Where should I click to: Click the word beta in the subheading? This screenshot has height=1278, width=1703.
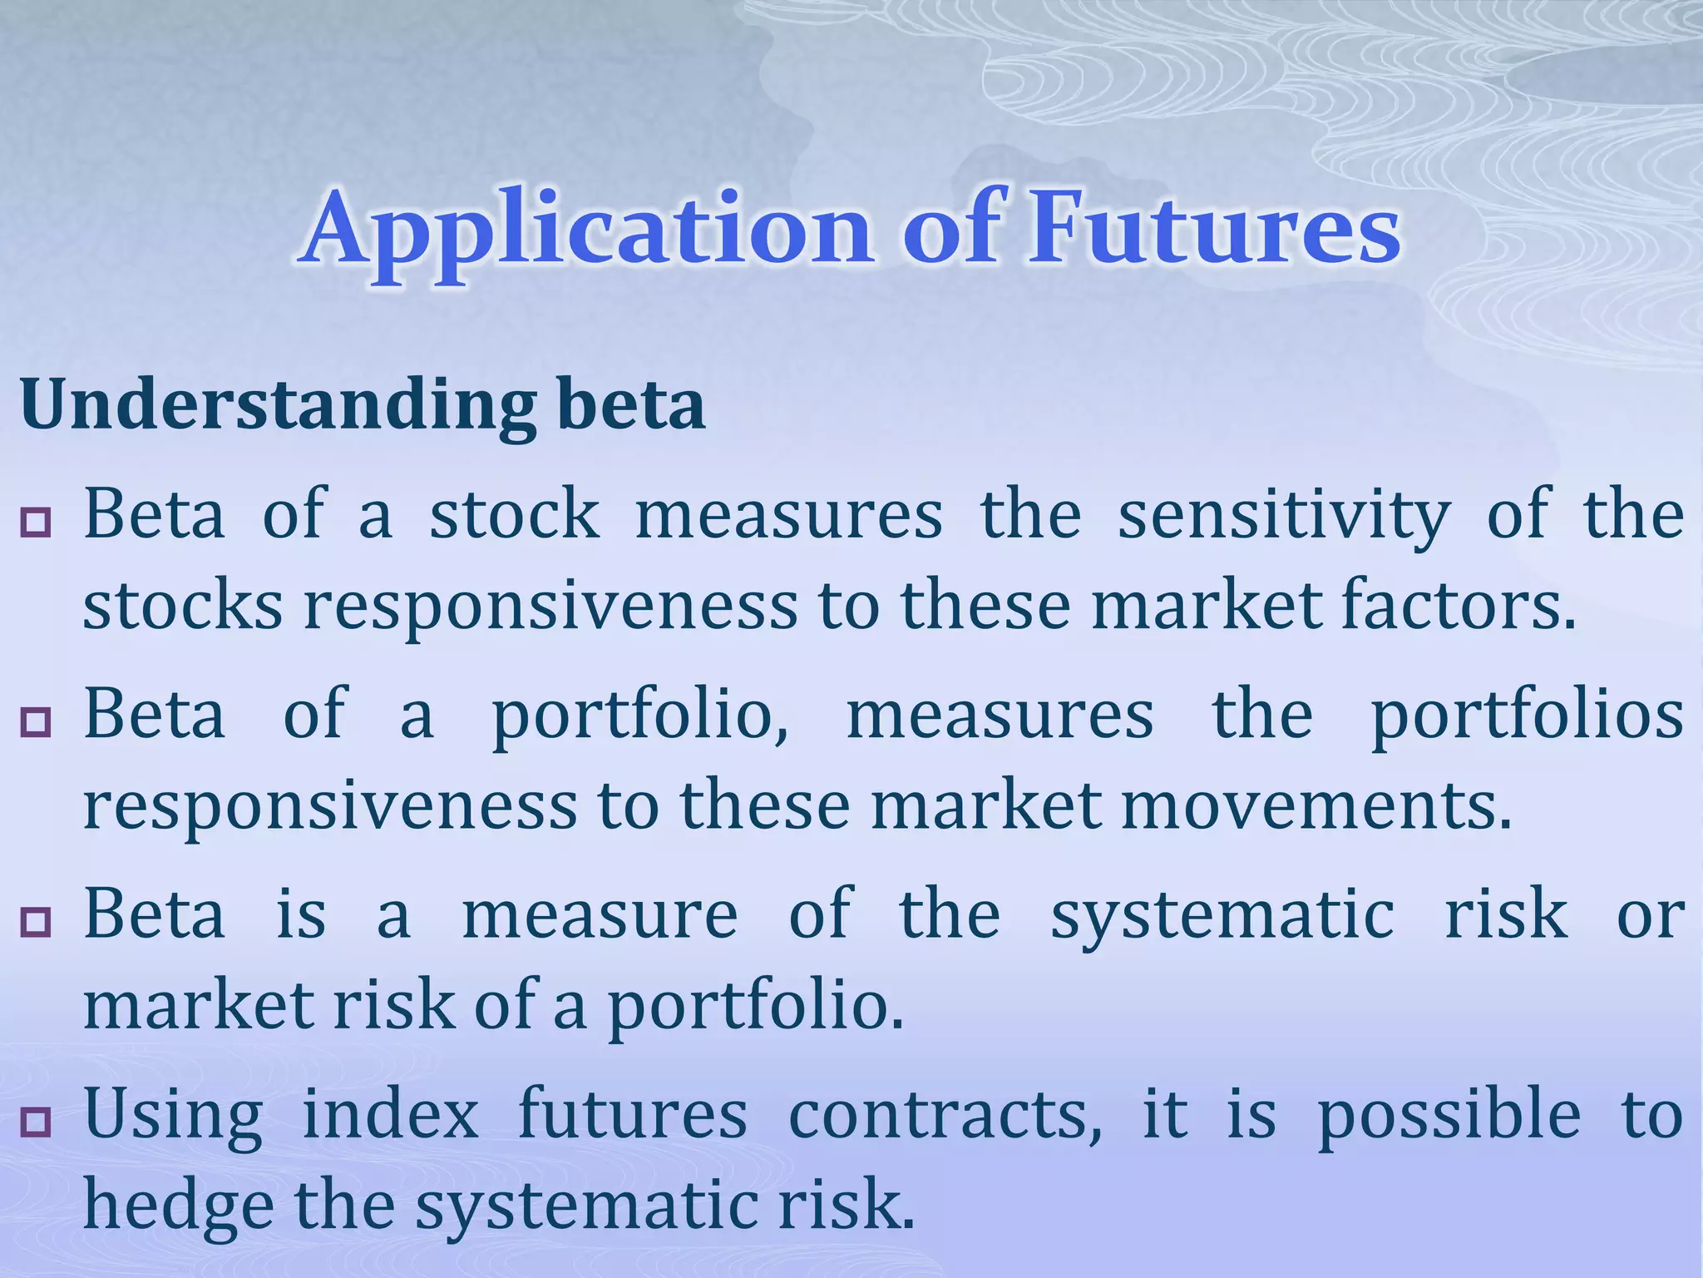(632, 405)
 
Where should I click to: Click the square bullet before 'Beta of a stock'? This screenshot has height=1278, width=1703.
(37, 523)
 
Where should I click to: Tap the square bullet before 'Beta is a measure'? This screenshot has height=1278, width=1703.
(37, 922)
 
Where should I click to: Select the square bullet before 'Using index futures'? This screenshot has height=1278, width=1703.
(37, 1122)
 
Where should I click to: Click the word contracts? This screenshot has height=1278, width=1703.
(945, 1115)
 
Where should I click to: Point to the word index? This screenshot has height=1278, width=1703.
(390, 1115)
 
